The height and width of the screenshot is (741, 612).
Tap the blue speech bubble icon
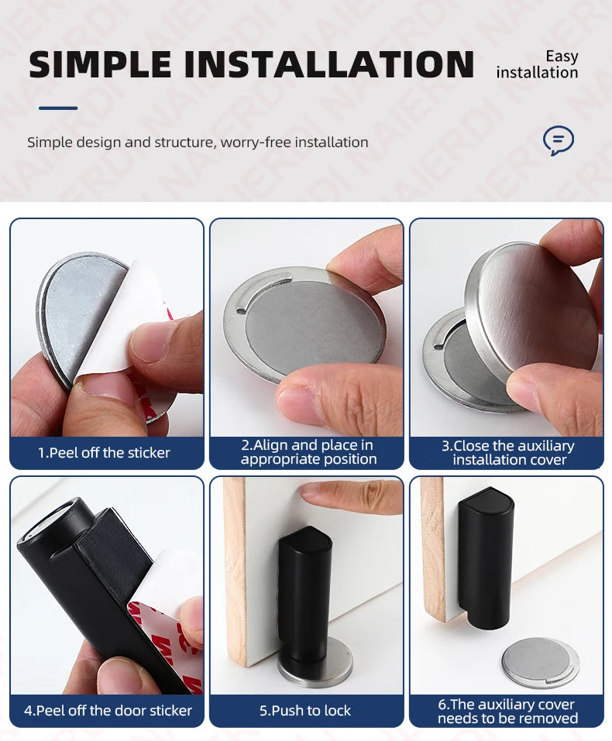(558, 141)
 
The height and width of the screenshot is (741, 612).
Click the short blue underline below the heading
(58, 108)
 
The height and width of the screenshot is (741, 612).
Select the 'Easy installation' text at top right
(537, 64)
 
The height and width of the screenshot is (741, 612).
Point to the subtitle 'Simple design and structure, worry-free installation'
(198, 142)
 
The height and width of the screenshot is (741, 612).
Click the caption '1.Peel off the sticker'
(104, 453)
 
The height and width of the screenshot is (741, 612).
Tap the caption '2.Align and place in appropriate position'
(308, 452)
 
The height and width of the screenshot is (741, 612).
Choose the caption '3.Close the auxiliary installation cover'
(508, 453)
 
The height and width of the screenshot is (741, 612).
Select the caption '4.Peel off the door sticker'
(108, 710)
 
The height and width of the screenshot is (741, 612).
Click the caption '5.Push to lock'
(305, 710)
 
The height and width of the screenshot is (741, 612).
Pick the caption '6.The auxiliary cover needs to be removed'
(507, 711)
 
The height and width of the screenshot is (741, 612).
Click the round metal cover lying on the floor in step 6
(539, 661)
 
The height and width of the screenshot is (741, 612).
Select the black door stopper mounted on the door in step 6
(485, 550)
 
